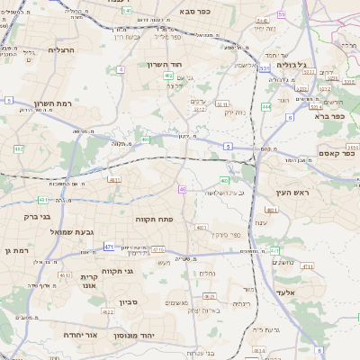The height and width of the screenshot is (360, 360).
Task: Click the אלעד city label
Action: [310, 292]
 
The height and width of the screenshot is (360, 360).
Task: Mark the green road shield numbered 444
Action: [266, 106]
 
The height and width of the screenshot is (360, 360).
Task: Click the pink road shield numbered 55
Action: [281, 14]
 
